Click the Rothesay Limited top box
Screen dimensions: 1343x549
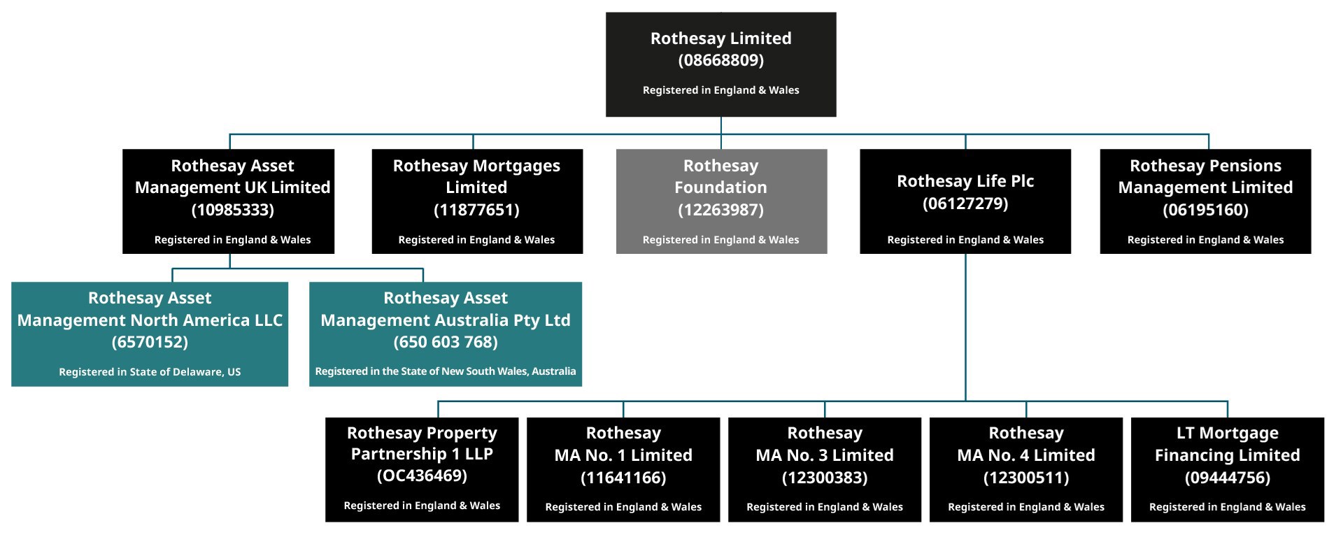[720, 64]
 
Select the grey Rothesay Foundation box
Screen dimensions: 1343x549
[721, 201]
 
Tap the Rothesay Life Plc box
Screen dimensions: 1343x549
[965, 201]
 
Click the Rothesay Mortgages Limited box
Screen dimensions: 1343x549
[477, 201]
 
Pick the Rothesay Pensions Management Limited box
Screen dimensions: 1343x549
[1205, 201]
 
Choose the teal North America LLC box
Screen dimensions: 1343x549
[150, 334]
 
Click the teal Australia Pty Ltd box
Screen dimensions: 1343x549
[446, 334]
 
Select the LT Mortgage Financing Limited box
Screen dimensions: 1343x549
[1228, 470]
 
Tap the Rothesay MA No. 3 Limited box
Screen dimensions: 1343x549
[825, 470]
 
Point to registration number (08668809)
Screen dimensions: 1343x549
[721, 60]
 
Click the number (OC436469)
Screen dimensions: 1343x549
[422, 476]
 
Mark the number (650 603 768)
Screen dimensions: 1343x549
[446, 342]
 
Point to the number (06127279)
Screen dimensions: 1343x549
[965, 204]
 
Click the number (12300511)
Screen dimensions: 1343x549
[1026, 478]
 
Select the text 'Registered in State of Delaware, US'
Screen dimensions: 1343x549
[150, 372]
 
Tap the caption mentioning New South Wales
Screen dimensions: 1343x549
[446, 371]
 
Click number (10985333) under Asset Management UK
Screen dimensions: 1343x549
[233, 210]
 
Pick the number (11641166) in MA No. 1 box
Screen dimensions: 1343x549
[623, 478]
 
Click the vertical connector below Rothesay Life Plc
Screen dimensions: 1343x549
[965, 327]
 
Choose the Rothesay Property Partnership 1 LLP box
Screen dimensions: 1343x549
[422, 470]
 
